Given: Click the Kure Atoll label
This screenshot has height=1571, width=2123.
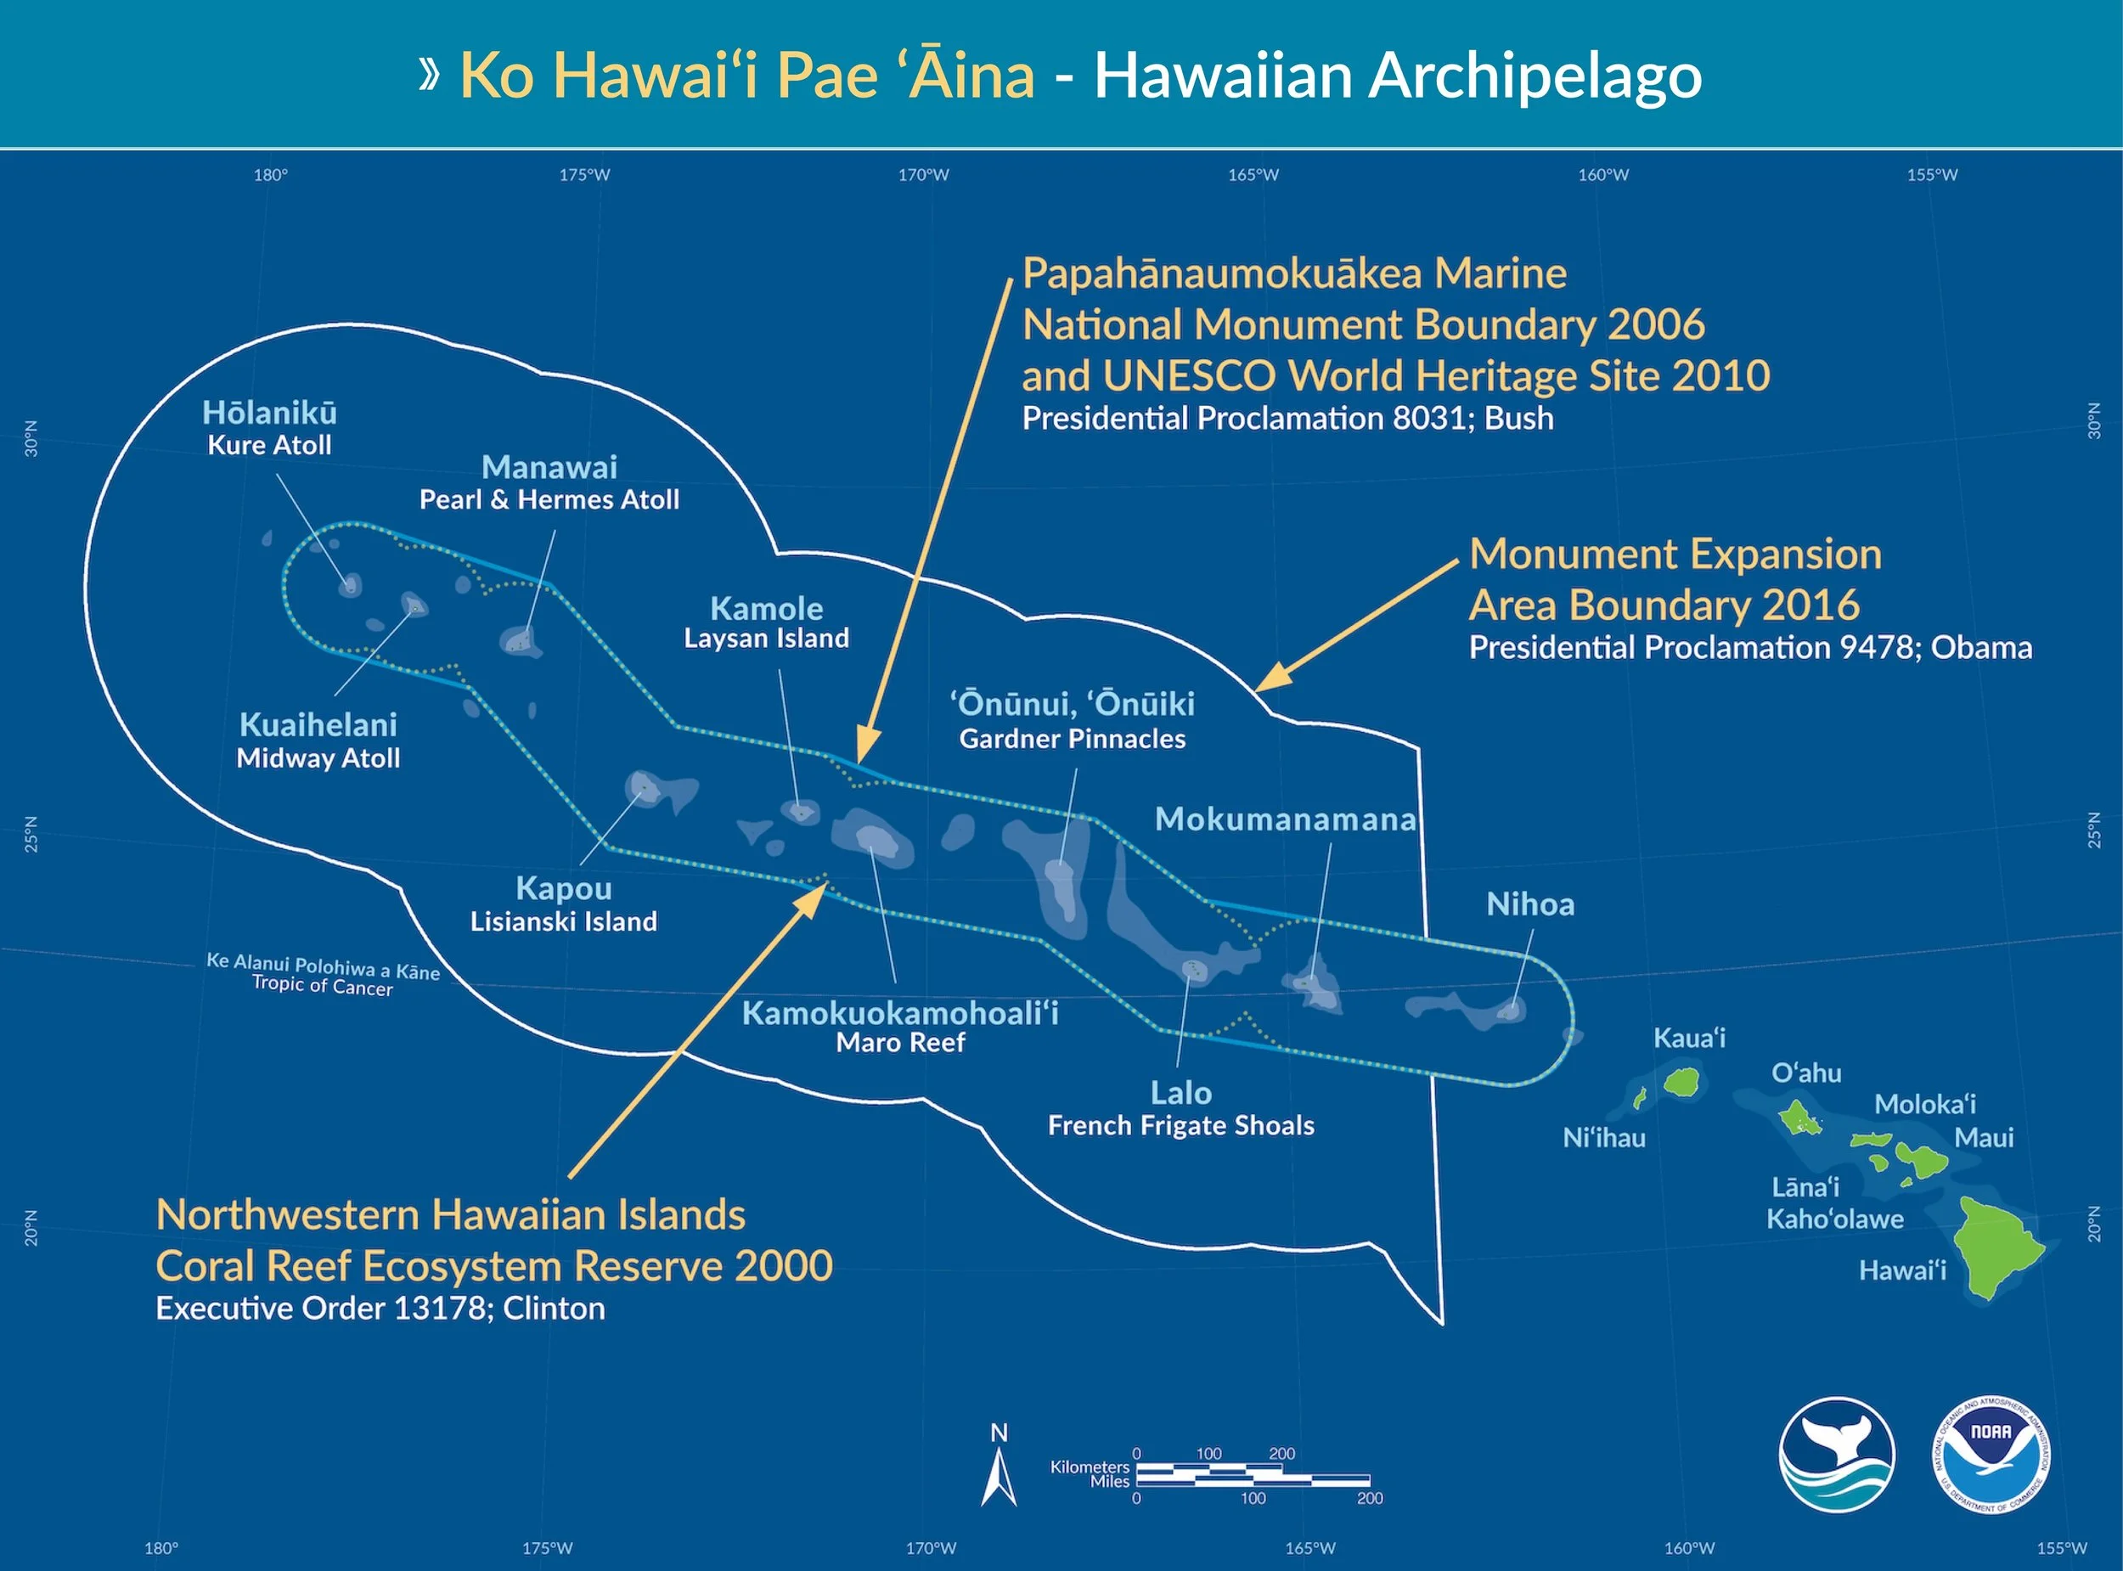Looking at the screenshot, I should coord(269,445).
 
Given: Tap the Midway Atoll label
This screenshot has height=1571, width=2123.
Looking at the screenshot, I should coord(318,758).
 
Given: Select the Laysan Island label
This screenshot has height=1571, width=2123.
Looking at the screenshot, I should coord(766,638).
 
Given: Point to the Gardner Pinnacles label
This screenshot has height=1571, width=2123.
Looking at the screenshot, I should coord(1073,739).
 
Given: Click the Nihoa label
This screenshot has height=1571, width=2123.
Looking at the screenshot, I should coord(1529,904).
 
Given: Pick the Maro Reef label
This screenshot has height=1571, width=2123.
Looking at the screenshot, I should coord(900,1042).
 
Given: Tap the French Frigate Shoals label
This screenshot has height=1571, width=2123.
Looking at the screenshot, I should coord(1181,1126).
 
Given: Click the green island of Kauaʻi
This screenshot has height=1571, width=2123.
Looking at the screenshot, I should coord(1682,1081).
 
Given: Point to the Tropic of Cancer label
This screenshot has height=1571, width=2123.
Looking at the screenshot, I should coord(323,984).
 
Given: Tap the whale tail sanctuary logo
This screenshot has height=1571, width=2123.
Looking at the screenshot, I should coord(1836,1455).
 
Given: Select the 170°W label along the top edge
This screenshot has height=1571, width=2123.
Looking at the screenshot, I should coord(923,175).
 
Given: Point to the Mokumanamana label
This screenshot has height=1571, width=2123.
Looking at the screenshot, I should coord(1285,819).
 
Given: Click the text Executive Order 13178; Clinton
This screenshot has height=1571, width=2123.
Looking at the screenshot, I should coord(380,1309).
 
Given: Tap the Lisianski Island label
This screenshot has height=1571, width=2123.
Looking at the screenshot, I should coord(563,921).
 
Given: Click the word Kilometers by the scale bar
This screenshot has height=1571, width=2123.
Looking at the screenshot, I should coord(1089,1467).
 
